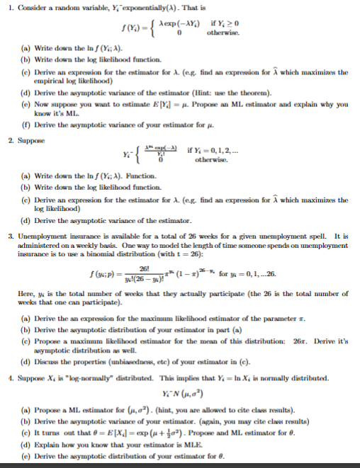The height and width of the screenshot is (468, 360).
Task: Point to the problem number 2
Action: click(x=9, y=141)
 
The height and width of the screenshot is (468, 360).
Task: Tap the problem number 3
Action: click(x=8, y=234)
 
